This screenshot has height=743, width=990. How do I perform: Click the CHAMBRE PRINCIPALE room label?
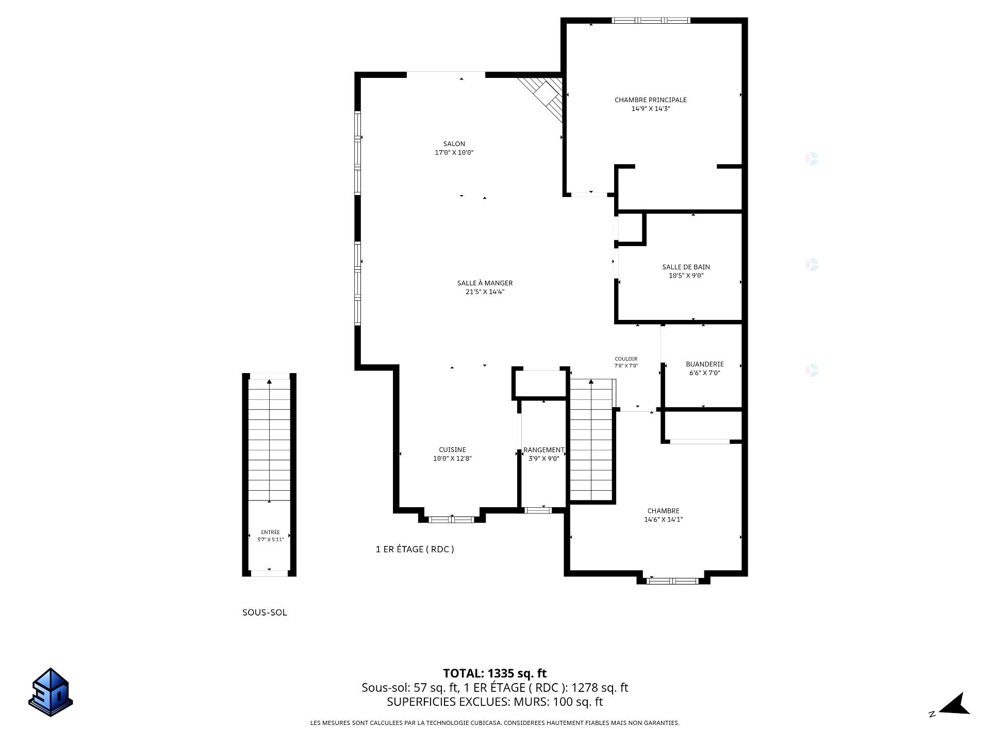click(x=650, y=100)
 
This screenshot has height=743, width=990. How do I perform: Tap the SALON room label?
click(x=454, y=144)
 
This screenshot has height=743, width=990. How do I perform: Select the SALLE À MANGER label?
click(x=485, y=283)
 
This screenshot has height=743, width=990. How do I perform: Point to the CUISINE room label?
click(x=452, y=450)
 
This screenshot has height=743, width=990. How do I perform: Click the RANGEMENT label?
click(x=543, y=450)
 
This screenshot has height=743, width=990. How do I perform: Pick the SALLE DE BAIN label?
click(x=686, y=267)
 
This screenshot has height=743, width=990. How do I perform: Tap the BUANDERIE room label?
click(x=704, y=364)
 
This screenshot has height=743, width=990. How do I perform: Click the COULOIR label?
click(x=626, y=359)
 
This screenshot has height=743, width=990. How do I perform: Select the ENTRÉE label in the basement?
click(x=270, y=532)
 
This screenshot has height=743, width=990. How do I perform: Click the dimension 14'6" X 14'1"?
click(x=663, y=520)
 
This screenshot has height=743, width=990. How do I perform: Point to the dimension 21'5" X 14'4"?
click(x=485, y=292)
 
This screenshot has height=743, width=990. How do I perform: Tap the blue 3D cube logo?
click(x=51, y=692)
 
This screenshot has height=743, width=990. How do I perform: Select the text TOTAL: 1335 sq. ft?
click(x=494, y=673)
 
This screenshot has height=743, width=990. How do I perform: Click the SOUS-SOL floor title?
click(x=265, y=612)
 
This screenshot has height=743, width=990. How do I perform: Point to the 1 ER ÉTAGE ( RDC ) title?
click(x=415, y=549)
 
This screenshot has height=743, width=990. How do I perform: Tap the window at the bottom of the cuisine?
click(x=452, y=520)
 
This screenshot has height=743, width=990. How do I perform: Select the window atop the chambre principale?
click(x=651, y=21)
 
